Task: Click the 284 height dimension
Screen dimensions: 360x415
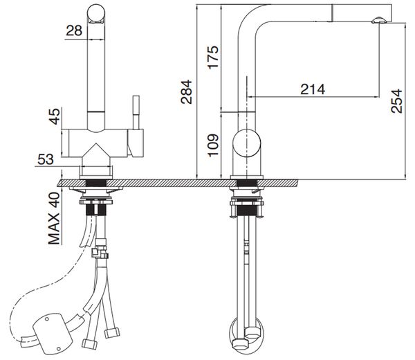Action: point(185,91)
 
